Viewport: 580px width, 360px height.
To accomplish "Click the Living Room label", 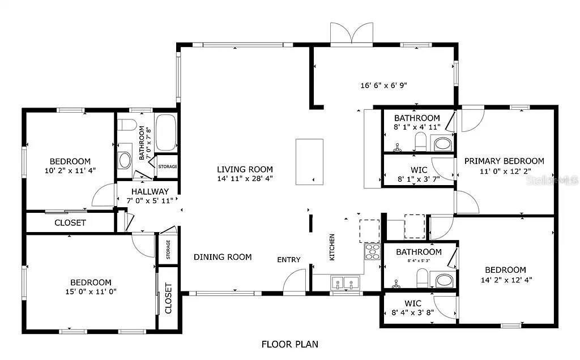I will click(245, 169).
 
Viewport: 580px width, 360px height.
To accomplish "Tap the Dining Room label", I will click(223, 257).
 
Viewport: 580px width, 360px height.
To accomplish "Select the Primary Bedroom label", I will click(504, 161).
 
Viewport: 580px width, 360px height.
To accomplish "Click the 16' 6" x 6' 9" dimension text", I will click(383, 85).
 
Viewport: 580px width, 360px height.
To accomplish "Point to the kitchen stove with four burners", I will click(372, 251).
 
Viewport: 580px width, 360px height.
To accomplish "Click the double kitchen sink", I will click(344, 282).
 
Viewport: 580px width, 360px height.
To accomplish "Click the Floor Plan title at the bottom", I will click(289, 344).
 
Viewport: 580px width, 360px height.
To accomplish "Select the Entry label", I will click(288, 260).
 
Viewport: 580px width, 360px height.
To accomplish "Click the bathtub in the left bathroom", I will click(165, 132).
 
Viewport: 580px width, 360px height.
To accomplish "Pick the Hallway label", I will click(150, 191).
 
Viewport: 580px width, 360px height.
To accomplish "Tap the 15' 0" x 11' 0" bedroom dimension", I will click(91, 292).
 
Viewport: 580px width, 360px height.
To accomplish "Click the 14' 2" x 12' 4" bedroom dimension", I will click(505, 280).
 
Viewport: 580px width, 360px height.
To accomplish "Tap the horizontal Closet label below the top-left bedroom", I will click(70, 222).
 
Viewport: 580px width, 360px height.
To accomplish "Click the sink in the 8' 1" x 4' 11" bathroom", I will click(443, 144).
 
